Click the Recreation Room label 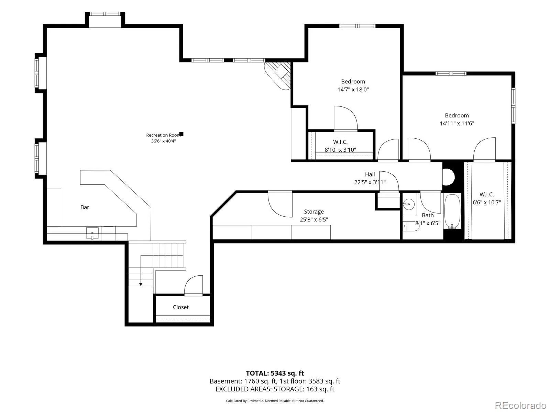coord(163,135)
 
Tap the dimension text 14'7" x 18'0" coord(353,90)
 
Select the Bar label coord(85,207)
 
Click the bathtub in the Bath coord(452,211)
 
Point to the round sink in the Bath coord(409,204)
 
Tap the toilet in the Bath coord(411,226)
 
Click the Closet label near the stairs coord(181,307)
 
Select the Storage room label coord(314,211)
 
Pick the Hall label coord(370,174)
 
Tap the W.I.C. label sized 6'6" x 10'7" coord(487,194)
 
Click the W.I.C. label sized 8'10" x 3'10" coord(340,142)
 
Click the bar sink coord(92,233)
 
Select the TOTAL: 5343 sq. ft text coord(275,373)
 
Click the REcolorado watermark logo coord(520,405)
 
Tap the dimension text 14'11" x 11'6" coord(457,123)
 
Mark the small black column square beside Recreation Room coord(181,134)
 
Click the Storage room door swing coord(280,204)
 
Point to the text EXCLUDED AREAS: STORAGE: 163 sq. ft coord(275,389)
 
